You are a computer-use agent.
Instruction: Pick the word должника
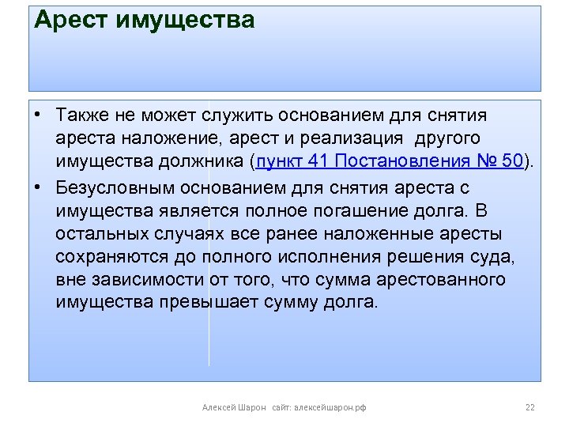(205, 164)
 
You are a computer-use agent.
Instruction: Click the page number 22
(529, 408)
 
